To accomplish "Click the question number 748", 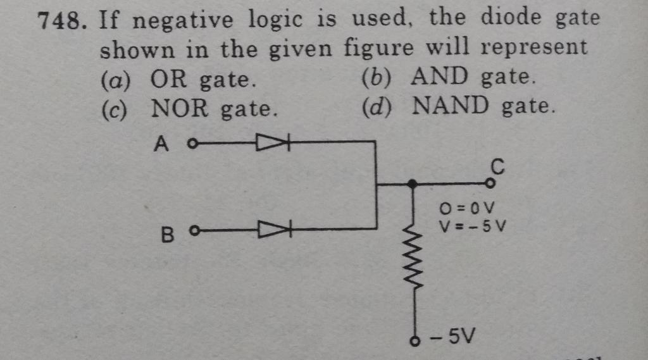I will (x=60, y=22).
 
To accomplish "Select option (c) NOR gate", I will (x=189, y=109).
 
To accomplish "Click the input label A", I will (x=162, y=145).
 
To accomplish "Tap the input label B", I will (x=166, y=235).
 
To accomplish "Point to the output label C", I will (x=497, y=168).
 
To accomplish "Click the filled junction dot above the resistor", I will (x=412, y=184).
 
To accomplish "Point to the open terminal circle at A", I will (x=192, y=143).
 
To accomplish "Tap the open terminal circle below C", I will (x=490, y=184).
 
